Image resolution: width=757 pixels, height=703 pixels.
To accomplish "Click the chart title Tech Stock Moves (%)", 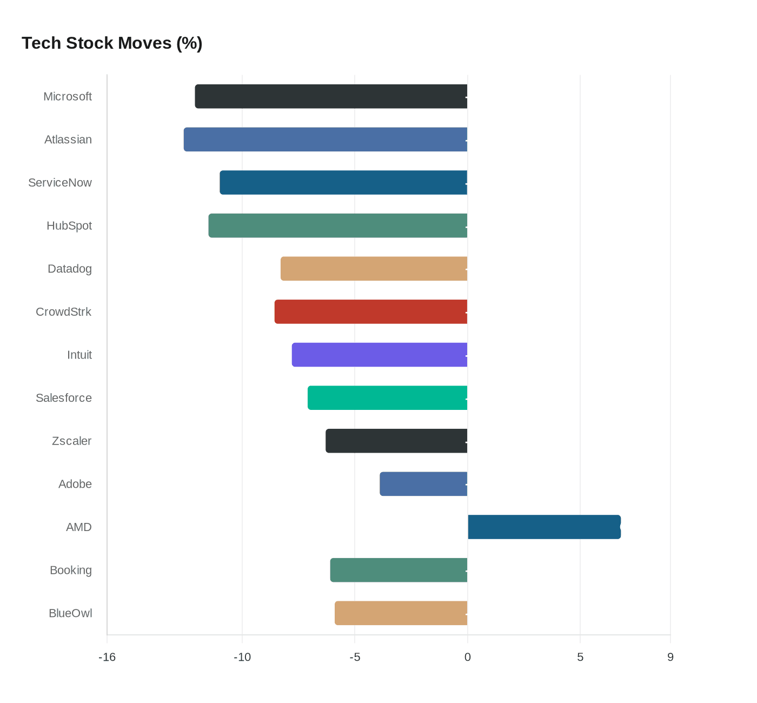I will click(x=112, y=43).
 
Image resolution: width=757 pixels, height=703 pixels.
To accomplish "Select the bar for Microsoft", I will click(x=331, y=96).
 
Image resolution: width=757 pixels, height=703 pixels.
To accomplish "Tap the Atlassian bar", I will click(x=326, y=140).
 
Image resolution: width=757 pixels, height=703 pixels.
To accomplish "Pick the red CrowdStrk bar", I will click(x=371, y=312).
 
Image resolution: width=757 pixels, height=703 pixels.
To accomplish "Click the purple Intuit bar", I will click(x=380, y=355).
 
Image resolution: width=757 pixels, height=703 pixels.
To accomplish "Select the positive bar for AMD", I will click(x=544, y=527).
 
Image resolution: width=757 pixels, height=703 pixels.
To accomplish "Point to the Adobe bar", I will click(x=423, y=484).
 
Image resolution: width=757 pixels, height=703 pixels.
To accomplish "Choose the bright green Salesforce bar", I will click(x=388, y=398).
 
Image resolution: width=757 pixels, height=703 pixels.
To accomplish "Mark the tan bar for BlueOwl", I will click(x=401, y=613).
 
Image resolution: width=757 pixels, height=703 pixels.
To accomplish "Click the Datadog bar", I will click(x=374, y=269).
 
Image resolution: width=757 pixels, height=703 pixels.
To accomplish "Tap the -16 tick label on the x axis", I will click(x=107, y=657).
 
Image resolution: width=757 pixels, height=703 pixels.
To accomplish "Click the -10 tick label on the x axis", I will click(x=242, y=657).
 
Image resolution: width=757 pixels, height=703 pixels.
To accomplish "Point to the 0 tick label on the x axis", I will click(x=468, y=657).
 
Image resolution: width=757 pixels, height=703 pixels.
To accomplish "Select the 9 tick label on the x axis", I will click(x=670, y=657).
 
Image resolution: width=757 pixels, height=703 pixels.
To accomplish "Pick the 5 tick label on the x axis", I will click(x=580, y=657).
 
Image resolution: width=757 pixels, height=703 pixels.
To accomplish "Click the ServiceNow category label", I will click(x=60, y=183).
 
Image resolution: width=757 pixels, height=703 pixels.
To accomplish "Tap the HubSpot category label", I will click(x=69, y=226).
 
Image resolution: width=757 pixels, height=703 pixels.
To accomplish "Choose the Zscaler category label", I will click(x=71, y=441).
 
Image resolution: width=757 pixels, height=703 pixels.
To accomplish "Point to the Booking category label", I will click(x=71, y=571).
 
